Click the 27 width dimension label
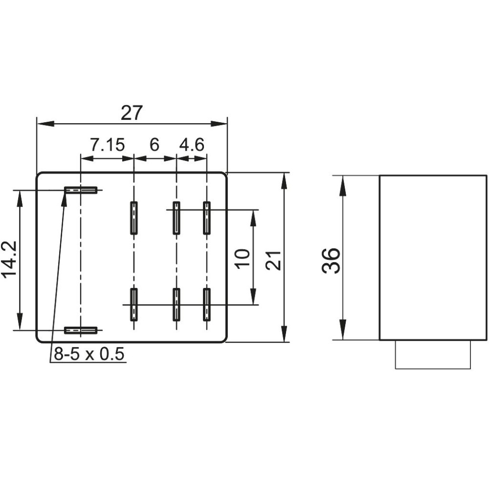[x=132, y=112]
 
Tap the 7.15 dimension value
[x=107, y=144]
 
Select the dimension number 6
[x=155, y=144]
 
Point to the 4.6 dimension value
[x=192, y=144]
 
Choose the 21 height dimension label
[x=273, y=261]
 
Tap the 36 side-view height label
[x=331, y=261]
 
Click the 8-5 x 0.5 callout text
[x=89, y=354]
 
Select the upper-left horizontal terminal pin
[x=81, y=190]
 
